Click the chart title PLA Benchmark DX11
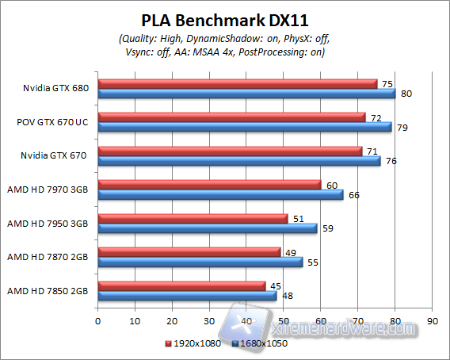coord(224,17)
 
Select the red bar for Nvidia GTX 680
coord(237,83)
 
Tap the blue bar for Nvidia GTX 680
coord(246,93)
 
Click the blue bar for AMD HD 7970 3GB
coord(220,194)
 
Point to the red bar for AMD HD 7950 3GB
coord(193,218)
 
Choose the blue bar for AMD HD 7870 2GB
coord(200,262)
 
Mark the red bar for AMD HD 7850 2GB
coord(181,285)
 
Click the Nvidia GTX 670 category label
coord(54,155)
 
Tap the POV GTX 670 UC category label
coord(52,121)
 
